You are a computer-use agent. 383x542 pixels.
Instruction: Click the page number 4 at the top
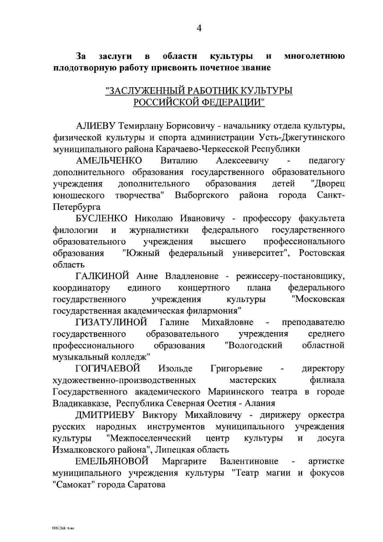[199, 28]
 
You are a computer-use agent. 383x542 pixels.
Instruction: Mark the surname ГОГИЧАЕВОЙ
[108, 369]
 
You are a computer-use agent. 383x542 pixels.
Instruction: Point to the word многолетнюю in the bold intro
[315, 56]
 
